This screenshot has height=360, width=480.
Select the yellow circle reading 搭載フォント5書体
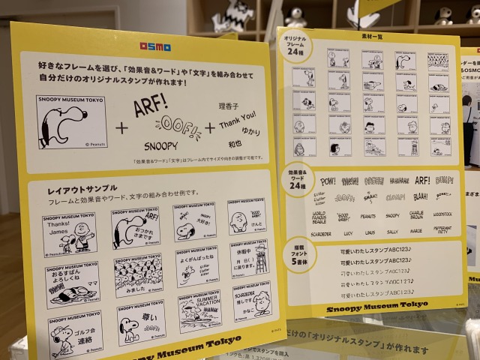(x=301, y=256)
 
